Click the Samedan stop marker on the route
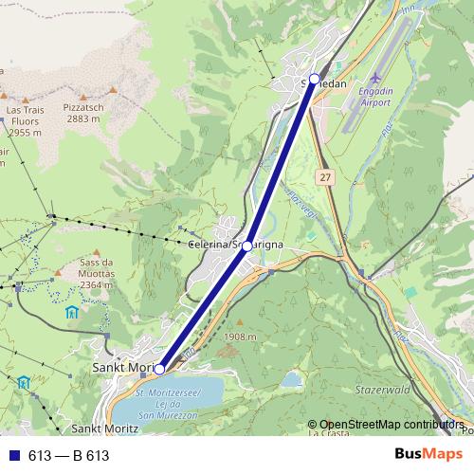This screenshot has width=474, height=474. [315, 78]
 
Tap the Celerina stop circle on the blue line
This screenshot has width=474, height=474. [247, 246]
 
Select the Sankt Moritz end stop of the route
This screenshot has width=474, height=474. [159, 369]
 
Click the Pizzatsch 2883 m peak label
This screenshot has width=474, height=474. [84, 114]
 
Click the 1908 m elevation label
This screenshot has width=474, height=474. [243, 337]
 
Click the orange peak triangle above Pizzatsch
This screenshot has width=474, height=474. [112, 90]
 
